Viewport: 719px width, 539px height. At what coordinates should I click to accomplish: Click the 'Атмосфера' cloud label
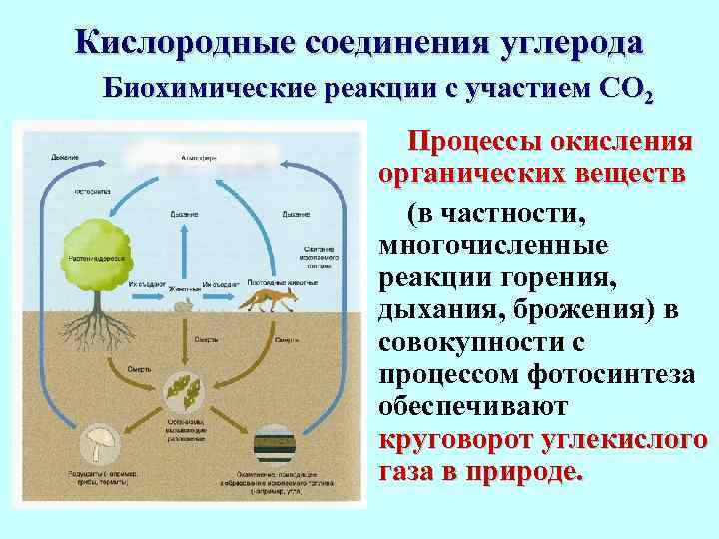tap(200, 159)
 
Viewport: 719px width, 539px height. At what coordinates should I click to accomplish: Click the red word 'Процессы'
tap(478, 140)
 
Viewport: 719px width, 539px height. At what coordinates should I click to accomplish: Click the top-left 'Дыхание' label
tap(65, 157)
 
